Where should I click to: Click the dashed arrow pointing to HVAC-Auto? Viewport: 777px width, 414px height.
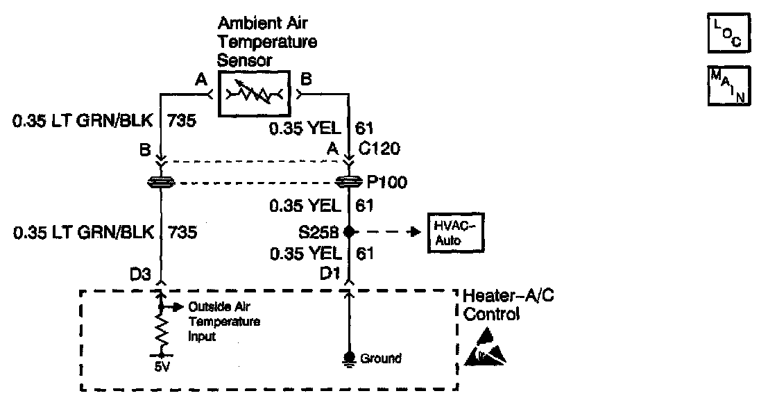click(x=388, y=232)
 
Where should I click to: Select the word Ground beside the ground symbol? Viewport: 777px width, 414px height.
click(x=381, y=358)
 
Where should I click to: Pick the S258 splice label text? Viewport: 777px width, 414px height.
click(x=323, y=231)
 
